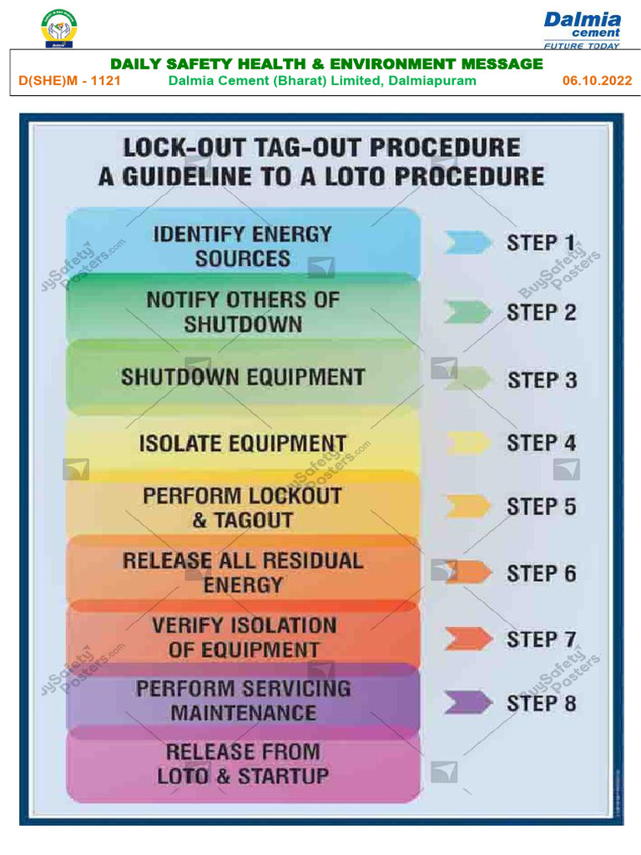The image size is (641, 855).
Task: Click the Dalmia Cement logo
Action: click(x=582, y=29)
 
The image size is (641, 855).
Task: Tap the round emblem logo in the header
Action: click(x=58, y=28)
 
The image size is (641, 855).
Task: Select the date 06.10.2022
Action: click(x=597, y=81)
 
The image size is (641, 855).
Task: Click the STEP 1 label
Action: click(x=541, y=243)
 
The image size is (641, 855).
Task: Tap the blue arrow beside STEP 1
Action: click(x=467, y=243)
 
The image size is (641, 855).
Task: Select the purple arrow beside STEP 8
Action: click(x=467, y=703)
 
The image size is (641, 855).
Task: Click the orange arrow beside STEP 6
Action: click(x=469, y=573)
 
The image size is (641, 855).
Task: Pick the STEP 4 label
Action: click(x=541, y=443)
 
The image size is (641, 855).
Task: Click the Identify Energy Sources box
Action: click(x=242, y=246)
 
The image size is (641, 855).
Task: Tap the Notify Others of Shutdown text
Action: click(x=242, y=311)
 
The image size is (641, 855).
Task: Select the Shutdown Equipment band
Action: click(x=242, y=377)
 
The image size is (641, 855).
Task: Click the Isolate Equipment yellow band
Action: click(x=242, y=443)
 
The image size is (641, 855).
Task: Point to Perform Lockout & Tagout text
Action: click(x=242, y=508)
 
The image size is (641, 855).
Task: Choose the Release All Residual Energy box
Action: click(x=242, y=572)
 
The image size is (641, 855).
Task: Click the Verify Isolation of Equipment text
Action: click(x=243, y=637)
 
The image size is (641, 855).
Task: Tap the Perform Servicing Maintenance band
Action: click(x=243, y=701)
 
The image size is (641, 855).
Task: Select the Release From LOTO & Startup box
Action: click(x=243, y=764)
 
